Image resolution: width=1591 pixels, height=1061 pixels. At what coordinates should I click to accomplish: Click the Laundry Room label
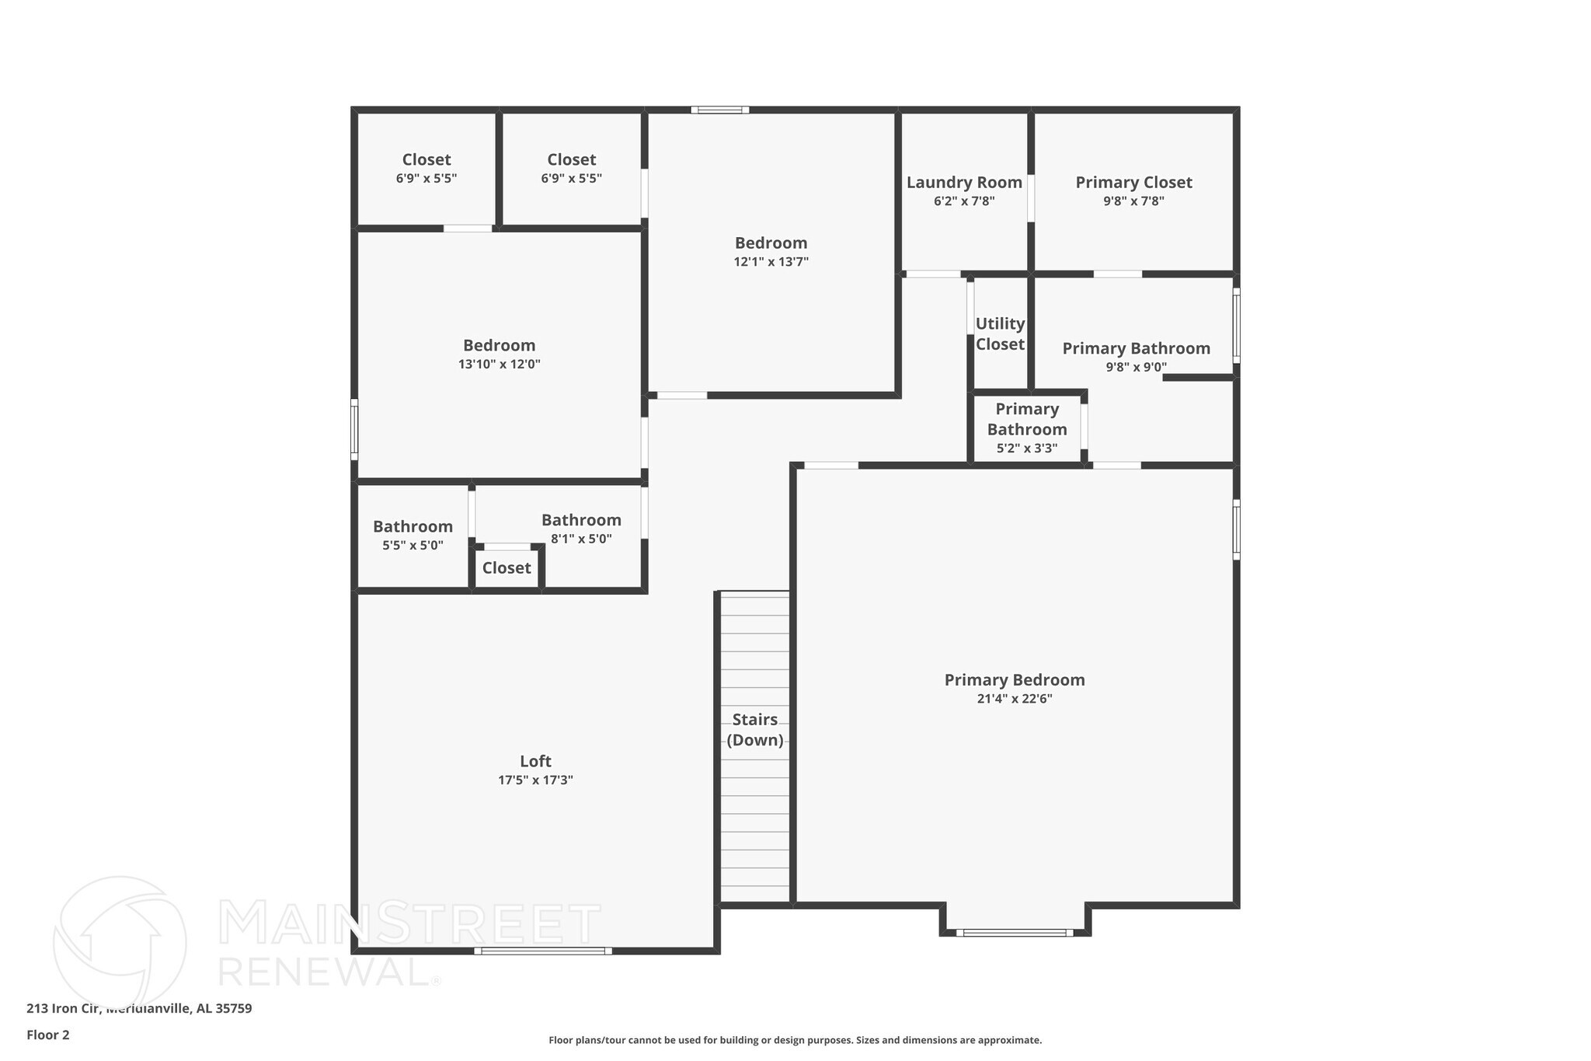point(964,183)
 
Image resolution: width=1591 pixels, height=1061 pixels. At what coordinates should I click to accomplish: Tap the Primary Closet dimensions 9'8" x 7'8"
point(1133,201)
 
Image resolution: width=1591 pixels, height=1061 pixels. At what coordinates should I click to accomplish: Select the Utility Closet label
point(1000,333)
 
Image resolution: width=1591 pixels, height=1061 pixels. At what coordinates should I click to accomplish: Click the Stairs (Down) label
point(754,729)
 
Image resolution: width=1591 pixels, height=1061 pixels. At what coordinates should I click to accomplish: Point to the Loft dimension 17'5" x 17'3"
point(535,780)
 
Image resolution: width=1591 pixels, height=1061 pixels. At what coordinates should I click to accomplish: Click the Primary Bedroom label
point(1014,680)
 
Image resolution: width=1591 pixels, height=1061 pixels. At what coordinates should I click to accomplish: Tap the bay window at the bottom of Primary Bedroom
point(1014,932)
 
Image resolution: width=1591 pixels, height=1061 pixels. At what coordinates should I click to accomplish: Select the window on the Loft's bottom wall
point(542,951)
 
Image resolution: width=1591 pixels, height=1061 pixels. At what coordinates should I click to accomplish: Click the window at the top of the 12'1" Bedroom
point(719,110)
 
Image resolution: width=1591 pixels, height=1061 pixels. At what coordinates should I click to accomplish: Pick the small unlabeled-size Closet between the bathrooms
point(507,568)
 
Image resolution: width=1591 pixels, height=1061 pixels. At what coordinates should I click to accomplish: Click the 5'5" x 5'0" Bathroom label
point(413,527)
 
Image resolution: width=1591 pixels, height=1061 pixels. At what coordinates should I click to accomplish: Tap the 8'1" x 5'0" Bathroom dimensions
point(581,539)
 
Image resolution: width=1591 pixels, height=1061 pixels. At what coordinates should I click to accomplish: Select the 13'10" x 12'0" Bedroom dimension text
point(499,365)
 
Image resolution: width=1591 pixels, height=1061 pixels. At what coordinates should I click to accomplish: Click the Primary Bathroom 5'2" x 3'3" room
point(1026,428)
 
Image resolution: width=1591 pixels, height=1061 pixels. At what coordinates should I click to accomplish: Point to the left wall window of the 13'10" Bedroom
point(354,428)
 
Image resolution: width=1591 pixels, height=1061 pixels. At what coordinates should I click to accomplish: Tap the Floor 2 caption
point(48,1035)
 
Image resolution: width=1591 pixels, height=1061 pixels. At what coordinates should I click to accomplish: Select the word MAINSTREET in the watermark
point(409,924)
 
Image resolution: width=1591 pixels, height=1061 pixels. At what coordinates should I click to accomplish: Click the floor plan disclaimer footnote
point(795,1040)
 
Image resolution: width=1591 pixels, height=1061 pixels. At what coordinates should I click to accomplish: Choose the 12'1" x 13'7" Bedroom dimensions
point(771,262)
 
